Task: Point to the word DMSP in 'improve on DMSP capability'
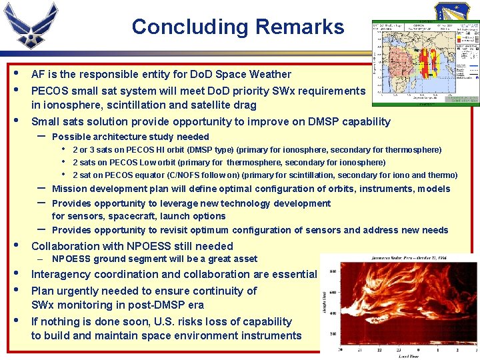pyautogui.click(x=320, y=121)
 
